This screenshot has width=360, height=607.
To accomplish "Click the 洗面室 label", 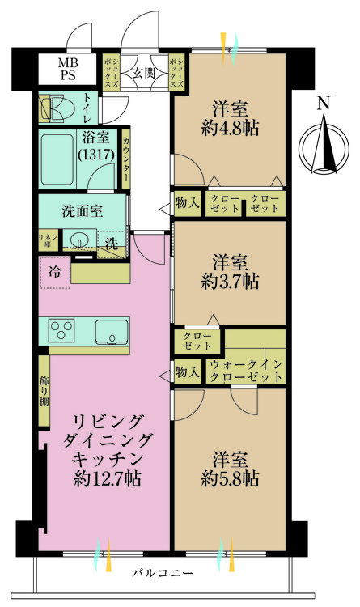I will tap(82, 212).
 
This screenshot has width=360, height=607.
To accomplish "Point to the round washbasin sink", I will tap(78, 240).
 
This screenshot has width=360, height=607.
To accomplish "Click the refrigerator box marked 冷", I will tap(53, 272).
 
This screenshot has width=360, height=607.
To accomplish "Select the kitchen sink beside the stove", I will tap(109, 331).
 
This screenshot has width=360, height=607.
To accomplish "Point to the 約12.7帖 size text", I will tap(105, 478).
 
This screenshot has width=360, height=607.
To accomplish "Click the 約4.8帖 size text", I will tap(230, 128).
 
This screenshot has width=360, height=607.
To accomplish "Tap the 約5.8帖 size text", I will tap(230, 478).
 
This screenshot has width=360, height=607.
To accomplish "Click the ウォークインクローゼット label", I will tap(246, 371).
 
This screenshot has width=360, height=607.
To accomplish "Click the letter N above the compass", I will tap(323, 103).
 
